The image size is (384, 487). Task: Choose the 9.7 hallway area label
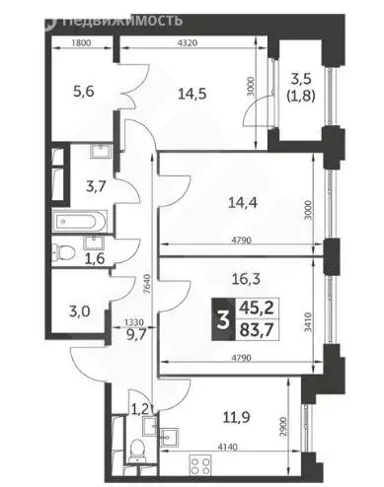click(135, 334)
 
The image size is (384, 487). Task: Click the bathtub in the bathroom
click(79, 219)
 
